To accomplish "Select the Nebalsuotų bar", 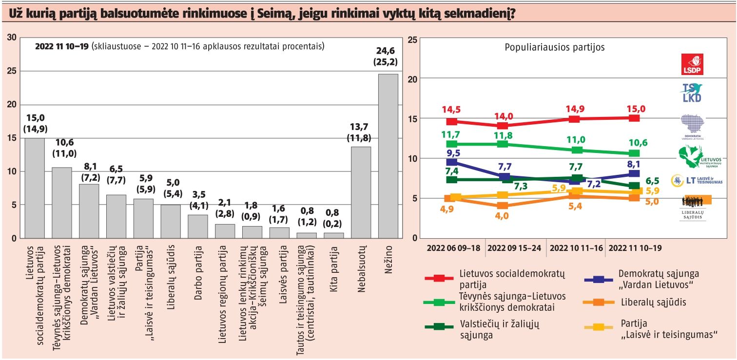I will click(x=361, y=192).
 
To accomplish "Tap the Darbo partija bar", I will click(x=198, y=227).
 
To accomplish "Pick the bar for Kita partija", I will click(x=334, y=235).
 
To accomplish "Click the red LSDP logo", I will click(x=692, y=64).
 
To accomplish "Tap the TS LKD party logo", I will click(x=692, y=93).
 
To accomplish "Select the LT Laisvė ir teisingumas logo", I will click(x=696, y=180).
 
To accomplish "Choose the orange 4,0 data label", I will click(x=502, y=215).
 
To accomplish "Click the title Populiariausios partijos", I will click(x=555, y=48).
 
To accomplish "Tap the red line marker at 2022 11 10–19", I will click(x=634, y=118).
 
